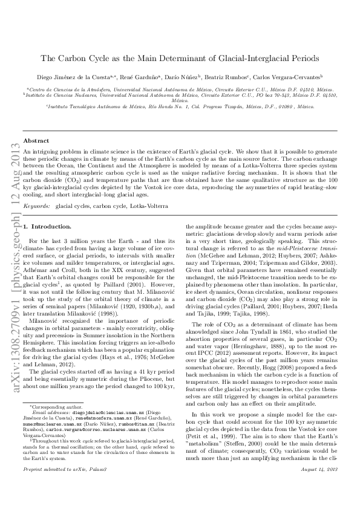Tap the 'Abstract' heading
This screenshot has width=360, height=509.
point(36,140)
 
